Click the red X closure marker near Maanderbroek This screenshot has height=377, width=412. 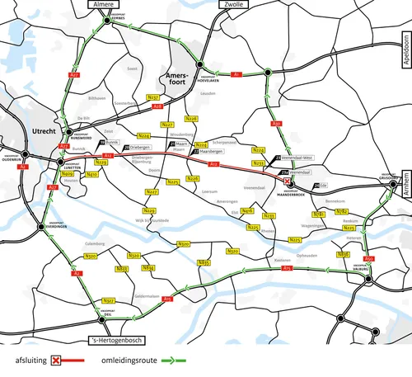point(287,181)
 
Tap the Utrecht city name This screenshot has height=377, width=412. point(43,131)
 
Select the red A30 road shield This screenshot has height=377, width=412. point(277,125)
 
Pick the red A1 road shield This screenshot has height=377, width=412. point(236,75)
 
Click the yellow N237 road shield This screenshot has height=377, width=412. point(152,97)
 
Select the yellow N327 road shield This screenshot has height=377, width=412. point(108,299)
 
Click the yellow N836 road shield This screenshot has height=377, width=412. point(344,254)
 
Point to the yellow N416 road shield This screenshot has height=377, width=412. point(247,211)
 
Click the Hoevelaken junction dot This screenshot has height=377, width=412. point(199,64)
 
